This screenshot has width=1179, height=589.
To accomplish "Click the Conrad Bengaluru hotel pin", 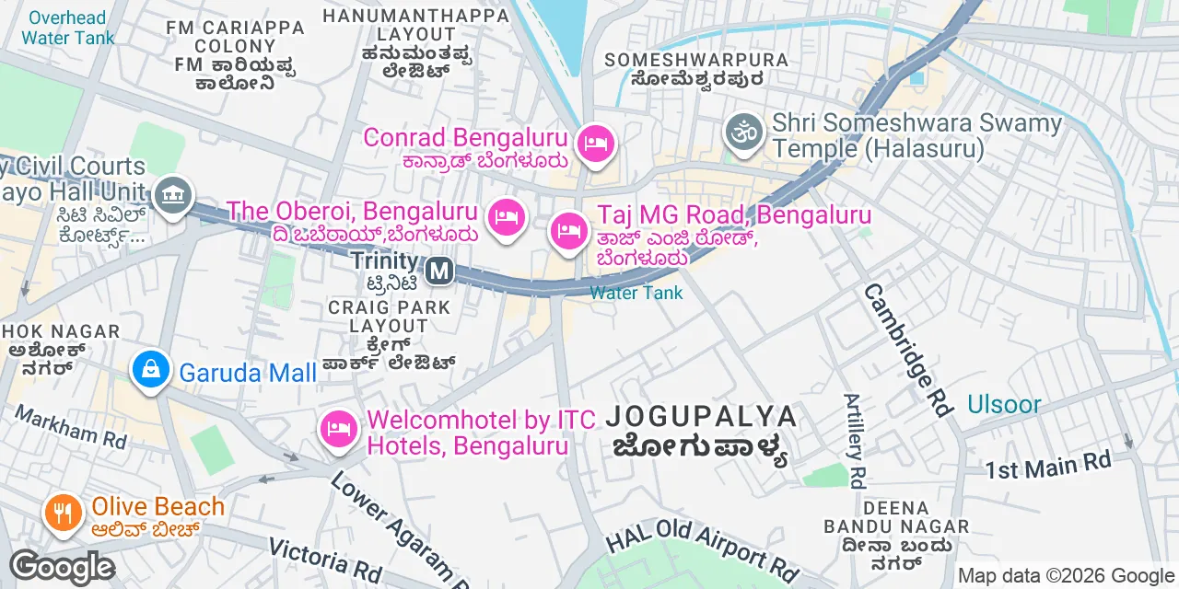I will (x=597, y=144).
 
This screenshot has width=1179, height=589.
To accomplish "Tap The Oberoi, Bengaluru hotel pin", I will (x=505, y=217).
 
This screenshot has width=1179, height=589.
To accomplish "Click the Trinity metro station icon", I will (x=441, y=271).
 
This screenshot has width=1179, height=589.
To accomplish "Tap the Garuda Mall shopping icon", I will (x=150, y=370).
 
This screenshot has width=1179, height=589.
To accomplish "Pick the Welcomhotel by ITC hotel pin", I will (x=339, y=428).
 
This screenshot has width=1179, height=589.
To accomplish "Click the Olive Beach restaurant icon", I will (x=63, y=511).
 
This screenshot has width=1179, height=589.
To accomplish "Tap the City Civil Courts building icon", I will (x=172, y=195).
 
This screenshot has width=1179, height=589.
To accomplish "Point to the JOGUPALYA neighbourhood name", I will (x=701, y=417).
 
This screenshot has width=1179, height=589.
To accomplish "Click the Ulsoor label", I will (x=1004, y=404).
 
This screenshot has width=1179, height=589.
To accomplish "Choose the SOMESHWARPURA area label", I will (x=696, y=60).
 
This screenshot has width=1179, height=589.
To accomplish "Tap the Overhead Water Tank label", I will (x=67, y=28).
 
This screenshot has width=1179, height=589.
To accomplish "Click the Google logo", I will (x=62, y=567).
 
